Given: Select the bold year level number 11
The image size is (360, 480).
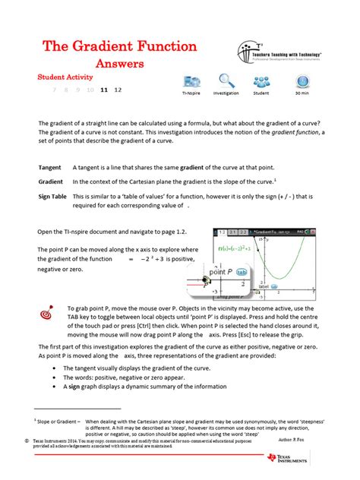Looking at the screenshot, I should point(103,90).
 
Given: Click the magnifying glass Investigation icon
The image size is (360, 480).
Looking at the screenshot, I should point(226,81).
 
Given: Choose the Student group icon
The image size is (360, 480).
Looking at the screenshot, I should point(261,82).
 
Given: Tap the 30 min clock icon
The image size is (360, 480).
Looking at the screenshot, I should point(302,82).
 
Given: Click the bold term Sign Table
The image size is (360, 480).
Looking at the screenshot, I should point(53,197).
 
